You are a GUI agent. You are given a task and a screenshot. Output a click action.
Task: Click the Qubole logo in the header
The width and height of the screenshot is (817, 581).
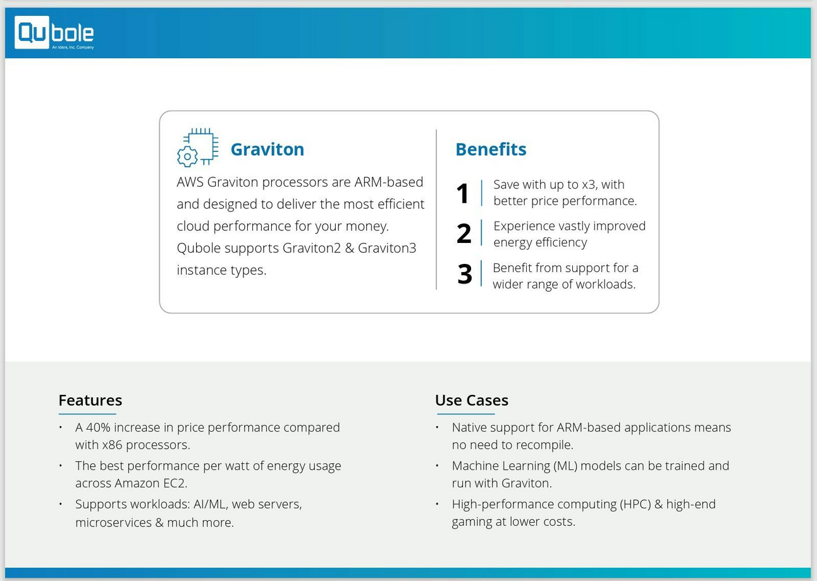tap(54, 33)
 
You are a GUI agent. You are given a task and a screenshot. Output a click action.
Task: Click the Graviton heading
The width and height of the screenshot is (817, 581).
tap(267, 149)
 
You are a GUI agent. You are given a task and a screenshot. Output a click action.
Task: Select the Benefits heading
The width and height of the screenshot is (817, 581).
tap(491, 149)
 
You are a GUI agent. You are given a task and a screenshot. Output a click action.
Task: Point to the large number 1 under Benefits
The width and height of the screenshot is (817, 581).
tap(463, 194)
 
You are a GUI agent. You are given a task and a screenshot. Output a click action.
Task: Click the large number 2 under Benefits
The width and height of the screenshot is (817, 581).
tap(464, 234)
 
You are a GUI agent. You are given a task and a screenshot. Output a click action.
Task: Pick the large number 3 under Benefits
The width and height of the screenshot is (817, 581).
tap(464, 274)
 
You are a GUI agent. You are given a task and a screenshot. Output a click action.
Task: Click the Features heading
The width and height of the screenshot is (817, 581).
tap(90, 400)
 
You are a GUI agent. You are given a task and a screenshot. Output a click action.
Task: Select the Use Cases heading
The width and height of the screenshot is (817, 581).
tap(471, 400)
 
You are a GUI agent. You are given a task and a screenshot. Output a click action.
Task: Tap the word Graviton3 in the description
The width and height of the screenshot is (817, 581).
tap(387, 248)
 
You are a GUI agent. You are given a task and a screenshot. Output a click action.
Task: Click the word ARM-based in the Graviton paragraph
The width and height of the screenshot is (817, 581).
tap(388, 182)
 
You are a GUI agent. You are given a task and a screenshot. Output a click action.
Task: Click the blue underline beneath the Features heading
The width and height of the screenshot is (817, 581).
tap(87, 413)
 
